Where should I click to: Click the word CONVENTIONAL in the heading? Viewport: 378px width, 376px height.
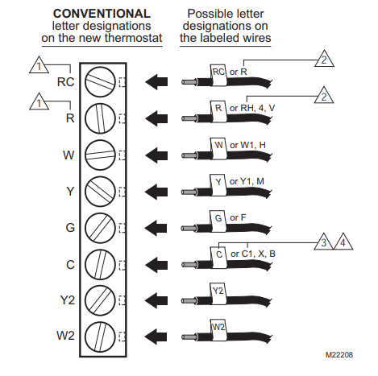[102, 14]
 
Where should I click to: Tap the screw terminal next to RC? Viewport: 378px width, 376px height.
[100, 81]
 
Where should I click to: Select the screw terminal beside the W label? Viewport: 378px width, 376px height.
[100, 155]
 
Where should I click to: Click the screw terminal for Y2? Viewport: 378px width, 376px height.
[100, 300]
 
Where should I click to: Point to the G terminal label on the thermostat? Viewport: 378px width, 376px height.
[70, 228]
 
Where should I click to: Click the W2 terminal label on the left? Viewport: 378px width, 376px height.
[65, 336]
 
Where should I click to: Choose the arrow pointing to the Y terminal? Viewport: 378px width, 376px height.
[156, 192]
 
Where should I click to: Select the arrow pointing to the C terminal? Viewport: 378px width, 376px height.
[156, 265]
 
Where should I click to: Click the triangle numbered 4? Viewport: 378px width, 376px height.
[343, 242]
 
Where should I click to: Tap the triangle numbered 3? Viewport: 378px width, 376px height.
[324, 242]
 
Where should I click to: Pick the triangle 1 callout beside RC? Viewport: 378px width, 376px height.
[39, 66]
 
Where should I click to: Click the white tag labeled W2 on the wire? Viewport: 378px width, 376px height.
[218, 330]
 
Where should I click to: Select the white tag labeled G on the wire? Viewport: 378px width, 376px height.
[218, 221]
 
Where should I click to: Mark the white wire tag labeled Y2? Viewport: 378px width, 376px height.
[218, 293]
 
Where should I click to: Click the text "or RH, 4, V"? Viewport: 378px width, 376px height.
[252, 108]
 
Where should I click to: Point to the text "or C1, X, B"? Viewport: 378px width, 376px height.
[253, 254]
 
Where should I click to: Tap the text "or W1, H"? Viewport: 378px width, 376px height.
[247, 145]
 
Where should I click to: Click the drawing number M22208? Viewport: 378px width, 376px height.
[339, 355]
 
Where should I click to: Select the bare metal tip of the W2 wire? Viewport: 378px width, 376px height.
[189, 337]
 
